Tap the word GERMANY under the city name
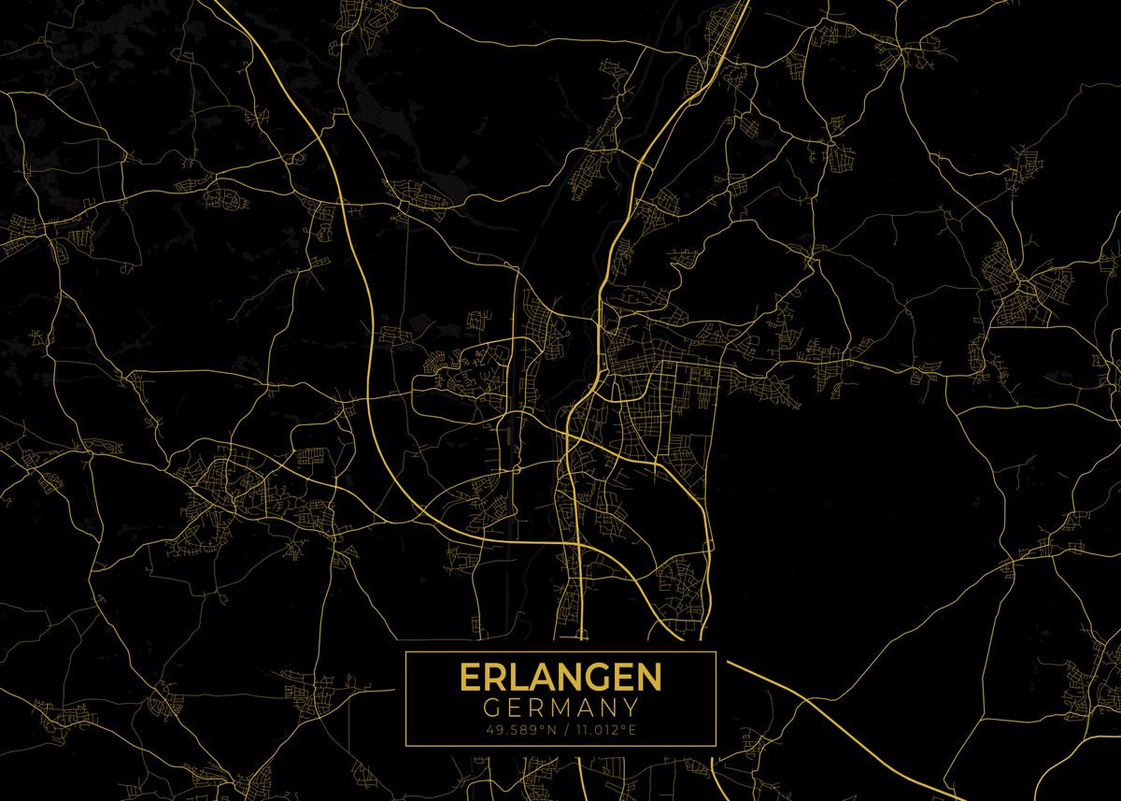click(x=560, y=708)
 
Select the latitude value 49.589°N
click(x=515, y=729)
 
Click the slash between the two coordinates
click(x=560, y=729)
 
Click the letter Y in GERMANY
click(x=630, y=708)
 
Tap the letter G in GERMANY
click(x=491, y=708)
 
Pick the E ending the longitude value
click(x=631, y=729)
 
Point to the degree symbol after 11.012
click(x=622, y=726)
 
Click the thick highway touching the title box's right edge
click(x=738, y=665)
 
